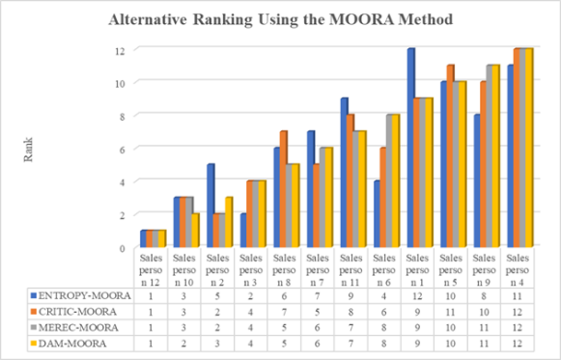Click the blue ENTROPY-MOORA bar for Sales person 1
(410, 148)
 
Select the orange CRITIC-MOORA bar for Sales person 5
(451, 155)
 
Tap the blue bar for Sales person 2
(210, 206)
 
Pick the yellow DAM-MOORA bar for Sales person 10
(195, 231)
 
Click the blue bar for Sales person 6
(378, 214)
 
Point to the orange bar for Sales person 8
(284, 189)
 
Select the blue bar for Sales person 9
(478, 180)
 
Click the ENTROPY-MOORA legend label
(84, 296)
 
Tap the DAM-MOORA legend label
(72, 344)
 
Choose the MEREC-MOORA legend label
(78, 327)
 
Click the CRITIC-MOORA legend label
(77, 312)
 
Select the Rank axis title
(28, 150)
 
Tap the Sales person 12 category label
(151, 270)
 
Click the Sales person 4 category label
(518, 270)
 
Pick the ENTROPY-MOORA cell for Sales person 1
(417, 296)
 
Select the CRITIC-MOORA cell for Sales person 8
(284, 312)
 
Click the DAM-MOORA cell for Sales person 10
(183, 344)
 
